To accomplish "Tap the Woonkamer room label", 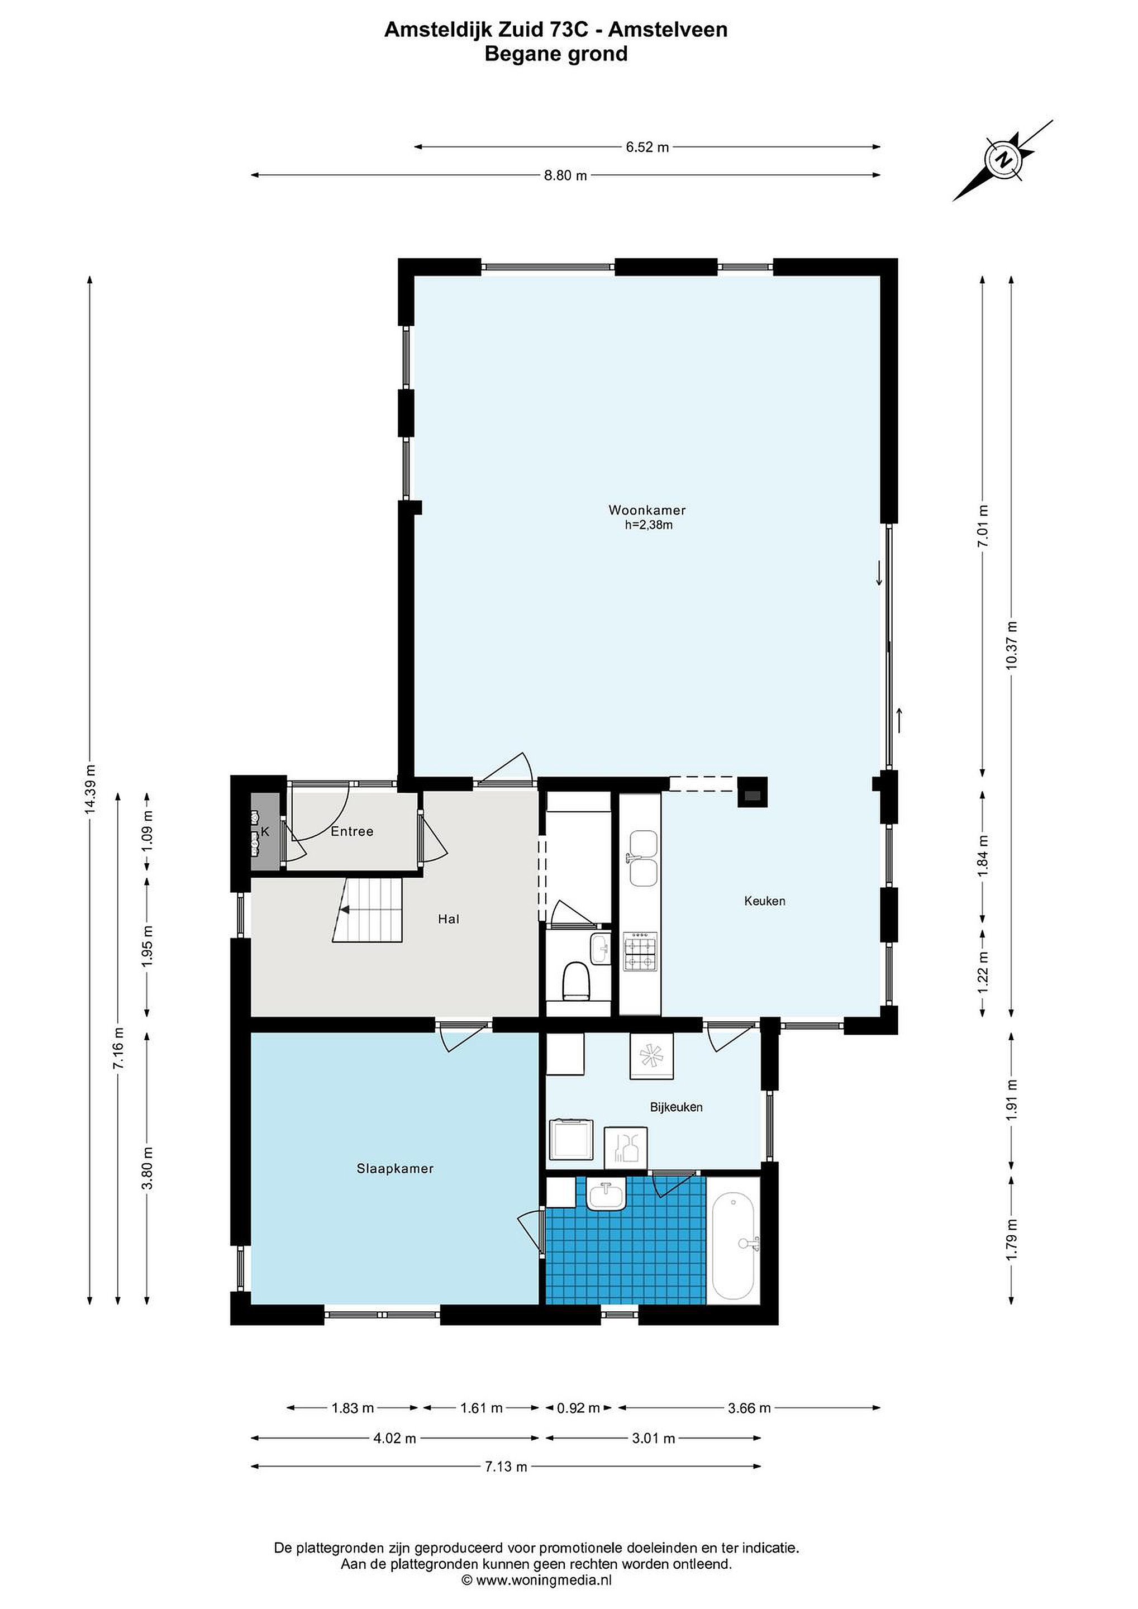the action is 647,510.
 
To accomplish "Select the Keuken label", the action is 764,901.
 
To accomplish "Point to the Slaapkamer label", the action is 395,1168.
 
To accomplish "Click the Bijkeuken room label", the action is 676,1107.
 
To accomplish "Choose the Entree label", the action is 352,831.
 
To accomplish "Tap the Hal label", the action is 449,918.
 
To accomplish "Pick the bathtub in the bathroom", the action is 733,1246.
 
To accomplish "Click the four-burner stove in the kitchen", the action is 640,951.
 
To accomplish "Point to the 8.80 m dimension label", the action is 565,176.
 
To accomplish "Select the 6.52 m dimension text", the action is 647,147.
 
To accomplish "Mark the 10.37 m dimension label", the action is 1011,645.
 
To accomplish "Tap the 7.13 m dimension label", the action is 506,1467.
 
